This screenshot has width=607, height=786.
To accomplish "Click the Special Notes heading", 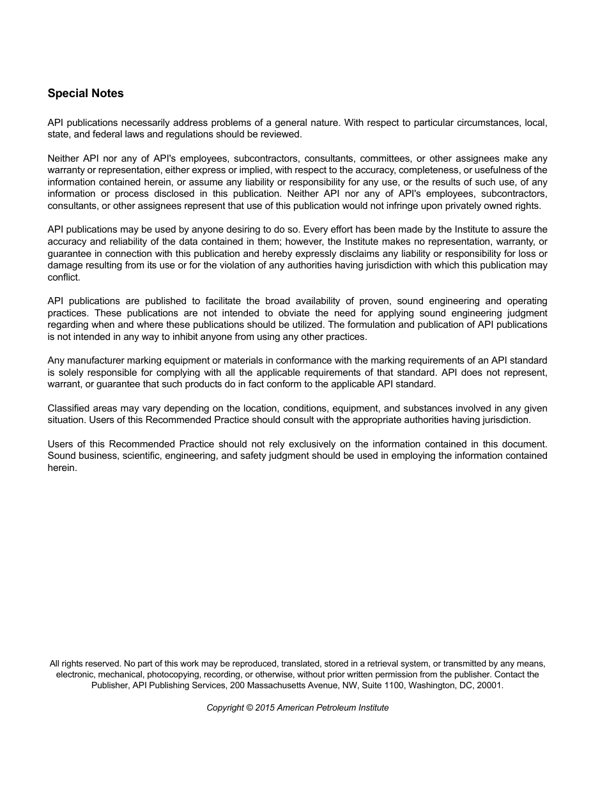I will tap(86, 93).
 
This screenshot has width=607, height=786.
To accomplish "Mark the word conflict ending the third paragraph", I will tap(63, 277).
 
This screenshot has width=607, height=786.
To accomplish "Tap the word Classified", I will tap(68, 408).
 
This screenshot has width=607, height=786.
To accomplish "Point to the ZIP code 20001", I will tap(490, 685).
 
